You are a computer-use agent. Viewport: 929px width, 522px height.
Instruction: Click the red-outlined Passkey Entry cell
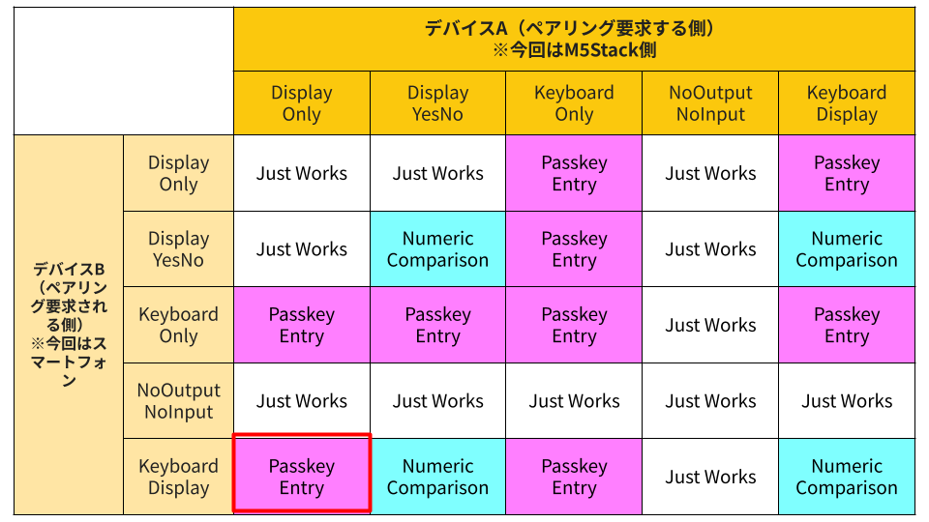coord(302,477)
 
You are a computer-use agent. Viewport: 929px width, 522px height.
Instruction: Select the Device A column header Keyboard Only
coord(574,103)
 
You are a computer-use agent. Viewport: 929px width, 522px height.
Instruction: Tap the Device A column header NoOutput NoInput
coord(710,103)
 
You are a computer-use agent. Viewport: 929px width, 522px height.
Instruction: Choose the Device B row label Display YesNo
coord(178,249)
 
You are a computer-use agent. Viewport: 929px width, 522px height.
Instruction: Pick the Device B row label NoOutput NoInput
coord(178,400)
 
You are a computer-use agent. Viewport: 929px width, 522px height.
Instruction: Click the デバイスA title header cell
coord(574,39)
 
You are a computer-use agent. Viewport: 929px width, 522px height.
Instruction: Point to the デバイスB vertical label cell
coord(69,325)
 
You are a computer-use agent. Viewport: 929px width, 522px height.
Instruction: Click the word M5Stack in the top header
coord(601,50)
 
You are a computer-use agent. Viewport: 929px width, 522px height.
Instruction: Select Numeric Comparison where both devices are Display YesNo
coord(437,249)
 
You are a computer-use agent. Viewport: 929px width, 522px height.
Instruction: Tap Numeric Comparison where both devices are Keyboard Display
coord(847,477)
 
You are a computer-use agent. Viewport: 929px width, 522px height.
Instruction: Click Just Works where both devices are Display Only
coord(302,173)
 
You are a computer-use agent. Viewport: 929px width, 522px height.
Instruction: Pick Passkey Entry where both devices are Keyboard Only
coord(574,325)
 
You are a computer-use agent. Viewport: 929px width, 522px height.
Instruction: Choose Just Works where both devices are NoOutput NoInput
coord(710,400)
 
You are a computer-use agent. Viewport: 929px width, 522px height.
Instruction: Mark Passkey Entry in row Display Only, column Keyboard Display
coord(847,173)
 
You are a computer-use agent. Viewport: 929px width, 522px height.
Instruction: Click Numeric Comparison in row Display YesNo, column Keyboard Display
coord(847,249)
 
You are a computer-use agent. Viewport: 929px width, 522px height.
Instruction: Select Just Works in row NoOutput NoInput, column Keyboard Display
coord(847,400)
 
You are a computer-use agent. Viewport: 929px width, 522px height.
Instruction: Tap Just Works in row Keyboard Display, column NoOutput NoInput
coord(710,477)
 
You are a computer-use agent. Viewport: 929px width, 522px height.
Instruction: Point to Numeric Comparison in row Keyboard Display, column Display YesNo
coord(437,477)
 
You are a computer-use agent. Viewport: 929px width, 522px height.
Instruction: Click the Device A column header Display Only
coord(302,103)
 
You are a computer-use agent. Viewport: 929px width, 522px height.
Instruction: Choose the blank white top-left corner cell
coord(124,71)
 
